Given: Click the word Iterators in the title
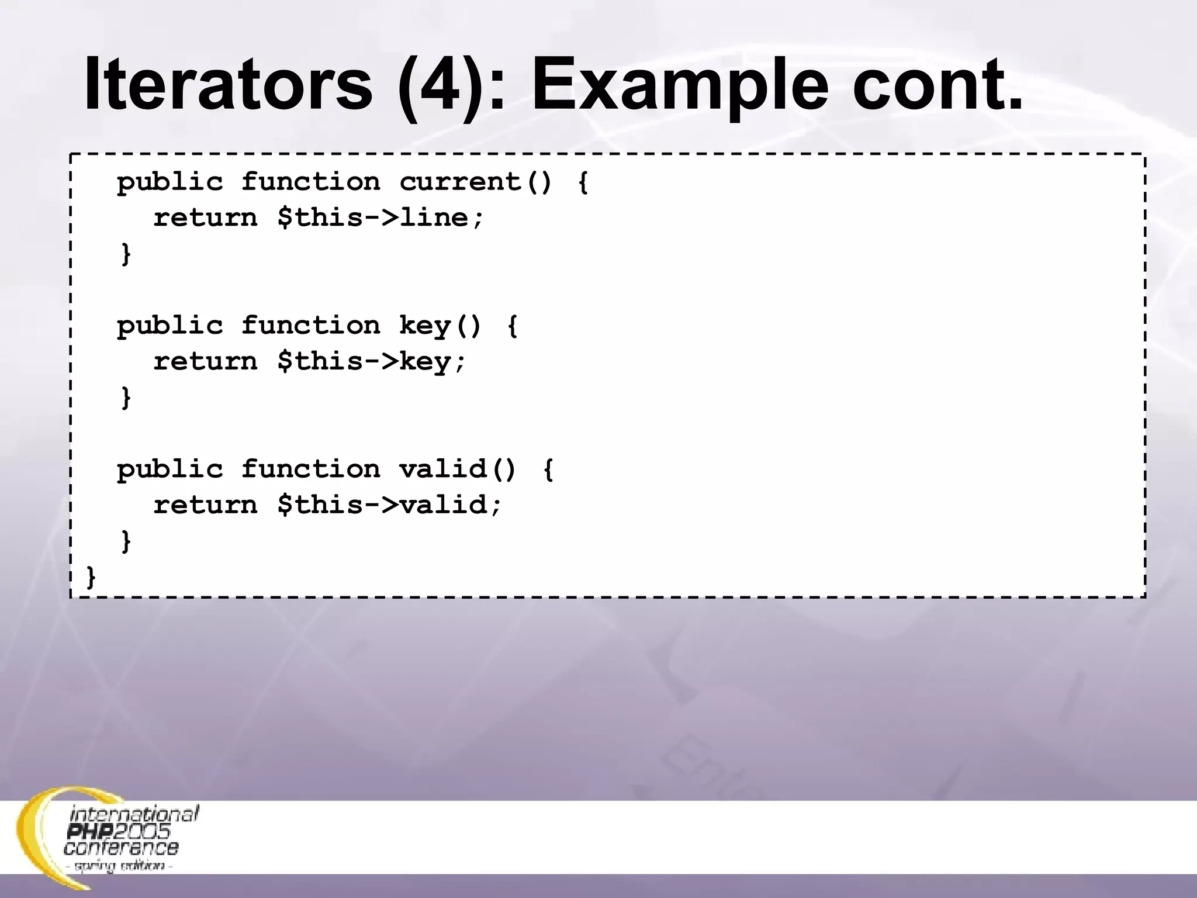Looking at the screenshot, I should point(228,85).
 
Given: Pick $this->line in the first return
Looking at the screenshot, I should point(380,218).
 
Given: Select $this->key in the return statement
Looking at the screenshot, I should point(372,362).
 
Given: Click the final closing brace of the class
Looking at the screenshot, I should point(91,577).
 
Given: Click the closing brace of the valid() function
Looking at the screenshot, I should point(126,541).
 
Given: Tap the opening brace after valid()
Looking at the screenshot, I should point(548,469).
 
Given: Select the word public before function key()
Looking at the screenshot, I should point(169,326).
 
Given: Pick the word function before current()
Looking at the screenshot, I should point(310,182).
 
